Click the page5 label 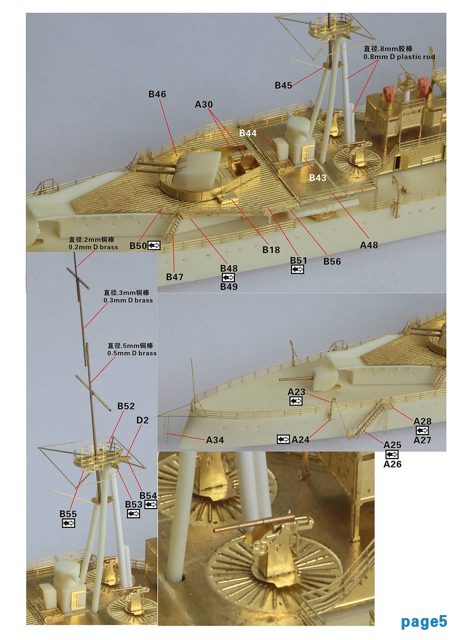pyautogui.click(x=424, y=622)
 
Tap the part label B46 pyautogui.click(x=157, y=94)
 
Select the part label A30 pyautogui.click(x=203, y=104)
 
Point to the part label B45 pyautogui.click(x=283, y=85)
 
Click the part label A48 pyautogui.click(x=369, y=245)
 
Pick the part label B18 pyautogui.click(x=271, y=250)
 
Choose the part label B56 pyautogui.click(x=332, y=261)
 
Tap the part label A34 pyautogui.click(x=215, y=440)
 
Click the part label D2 pyautogui.click(x=143, y=420)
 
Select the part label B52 pyautogui.click(x=126, y=406)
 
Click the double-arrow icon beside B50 pyautogui.click(x=154, y=246)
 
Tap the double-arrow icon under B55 pyautogui.click(x=68, y=523)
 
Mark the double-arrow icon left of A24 pyautogui.click(x=283, y=440)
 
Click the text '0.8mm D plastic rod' pyautogui.click(x=399, y=57)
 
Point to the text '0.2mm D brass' pyautogui.click(x=93, y=247)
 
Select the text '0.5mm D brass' pyautogui.click(x=132, y=353)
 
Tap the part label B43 pyautogui.click(x=317, y=178)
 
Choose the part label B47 pyautogui.click(x=175, y=277)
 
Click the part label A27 pyautogui.click(x=422, y=440)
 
